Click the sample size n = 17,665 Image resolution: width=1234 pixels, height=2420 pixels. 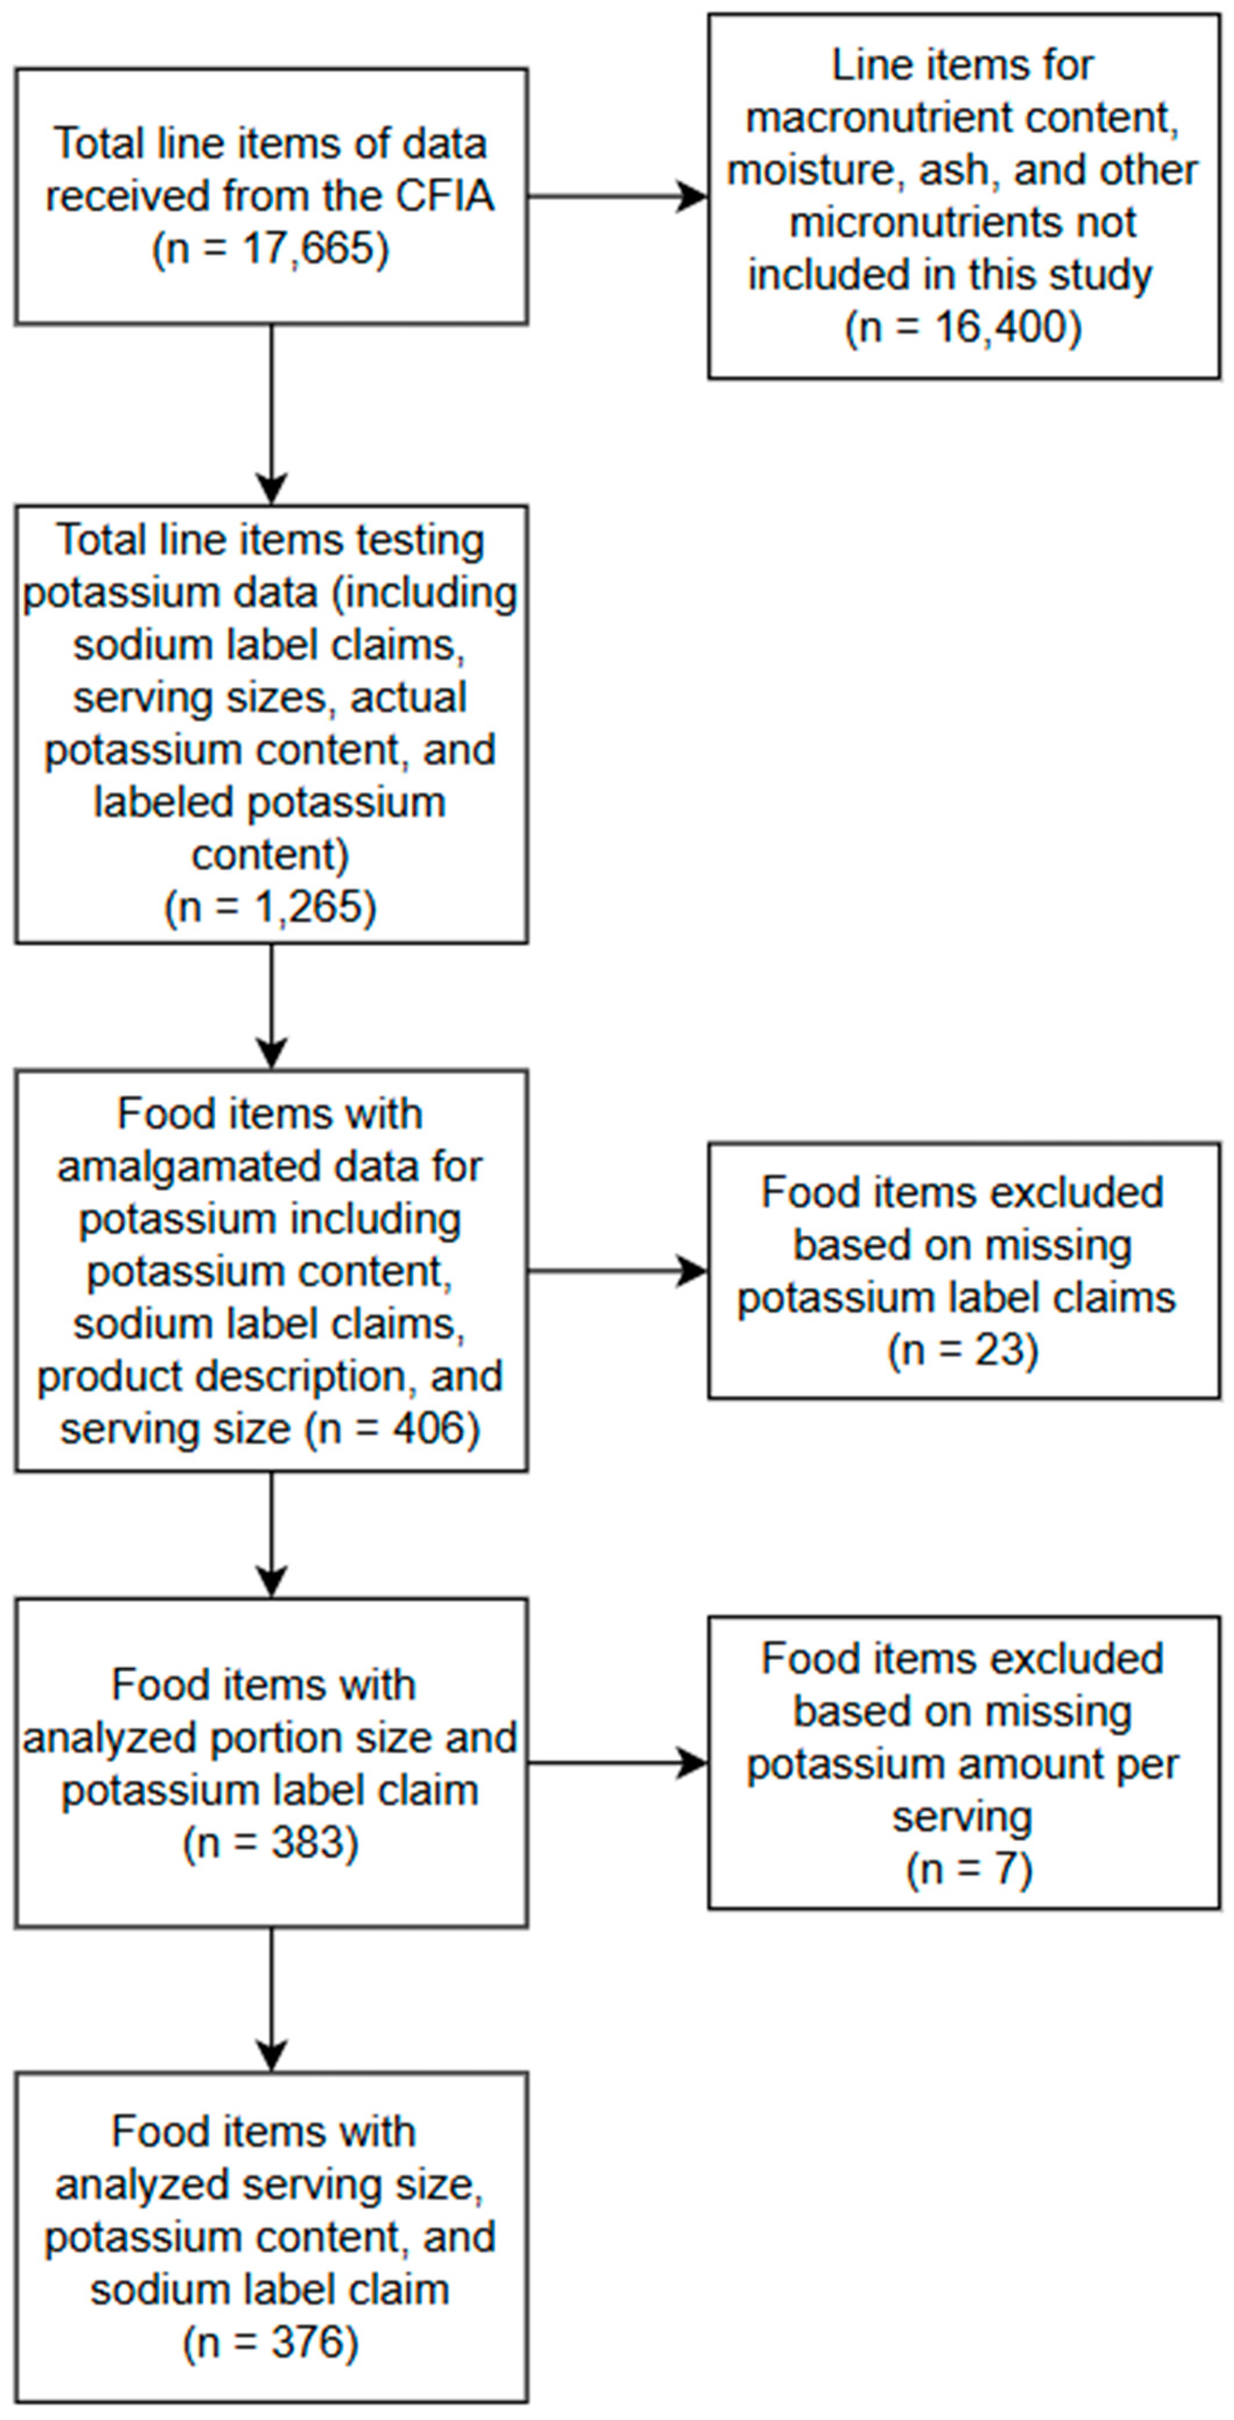[x=271, y=250]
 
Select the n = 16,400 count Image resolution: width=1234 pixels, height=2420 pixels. [x=963, y=328]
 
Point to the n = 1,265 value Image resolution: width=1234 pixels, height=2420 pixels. [x=271, y=907]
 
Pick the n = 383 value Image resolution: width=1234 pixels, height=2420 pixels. [x=271, y=1843]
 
